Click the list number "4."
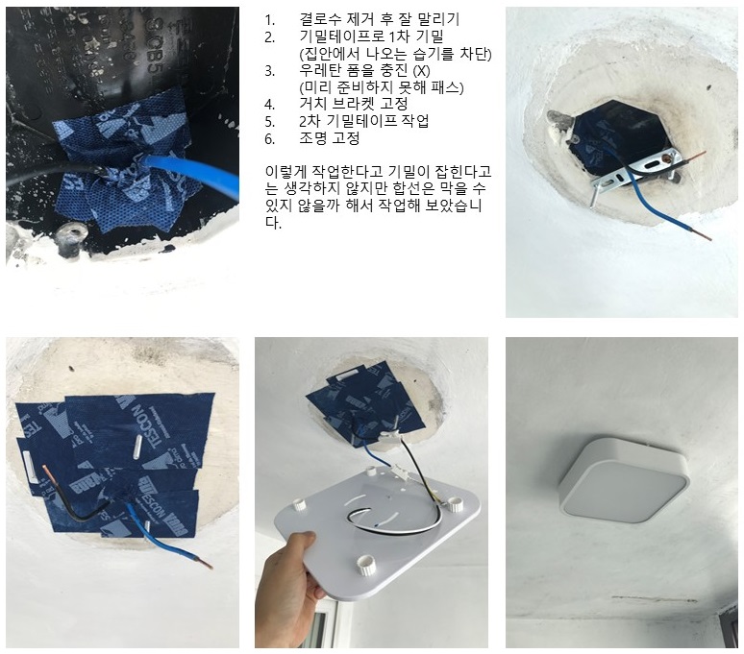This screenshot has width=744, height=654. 269,105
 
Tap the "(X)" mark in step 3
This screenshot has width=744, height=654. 421,71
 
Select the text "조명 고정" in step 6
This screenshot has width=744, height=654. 330,138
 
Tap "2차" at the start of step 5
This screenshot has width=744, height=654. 310,121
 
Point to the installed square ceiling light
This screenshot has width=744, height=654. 624,480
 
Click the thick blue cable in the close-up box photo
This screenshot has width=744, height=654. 191,172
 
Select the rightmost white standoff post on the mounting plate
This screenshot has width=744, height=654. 456,504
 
